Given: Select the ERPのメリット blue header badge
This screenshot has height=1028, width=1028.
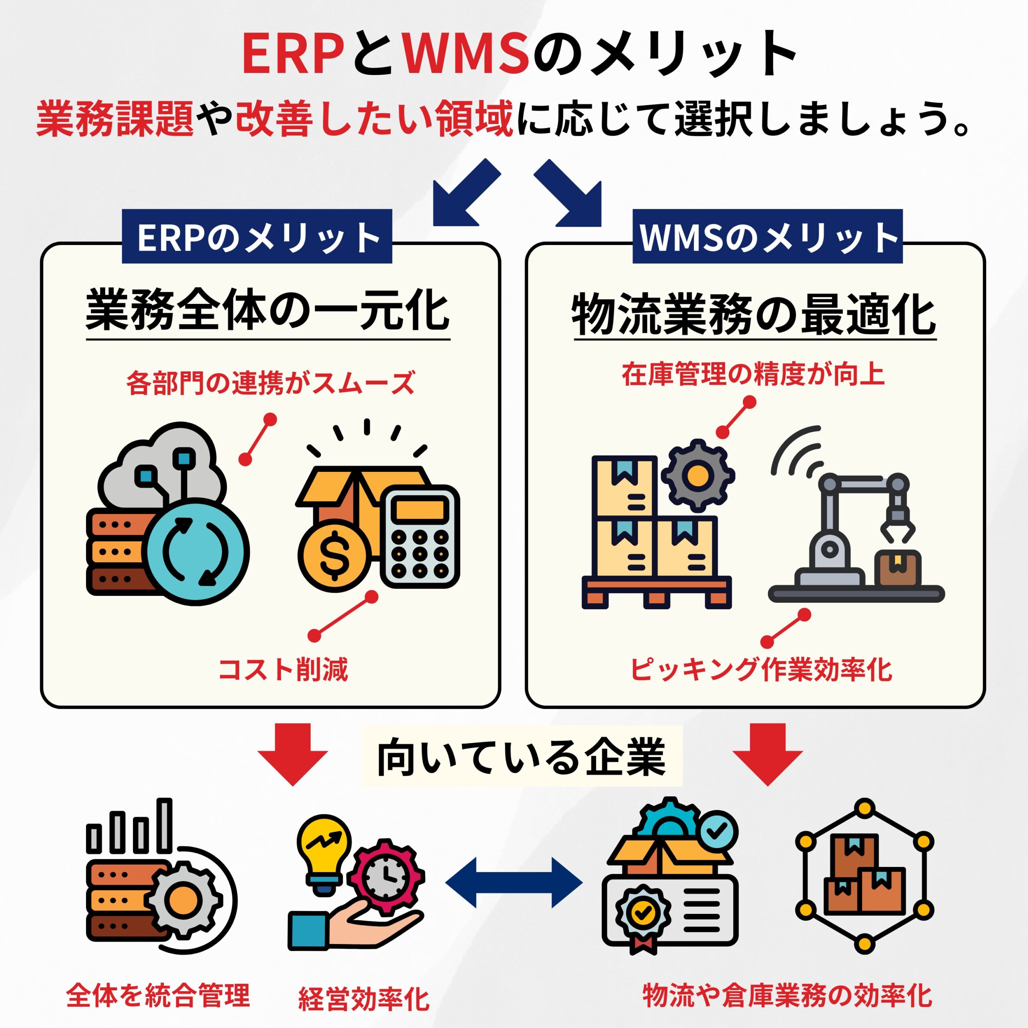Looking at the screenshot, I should (x=257, y=237).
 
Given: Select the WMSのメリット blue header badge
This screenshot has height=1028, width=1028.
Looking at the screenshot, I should (x=767, y=237).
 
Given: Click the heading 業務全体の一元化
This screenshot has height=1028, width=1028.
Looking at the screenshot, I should (x=268, y=311).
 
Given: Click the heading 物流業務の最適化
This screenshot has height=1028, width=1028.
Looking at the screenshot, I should (x=755, y=315).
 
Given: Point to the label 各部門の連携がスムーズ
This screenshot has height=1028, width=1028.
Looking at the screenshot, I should (x=270, y=383).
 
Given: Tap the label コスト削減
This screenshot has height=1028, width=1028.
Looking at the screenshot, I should (x=283, y=669).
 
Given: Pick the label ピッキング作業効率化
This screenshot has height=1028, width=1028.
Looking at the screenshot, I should (x=761, y=669).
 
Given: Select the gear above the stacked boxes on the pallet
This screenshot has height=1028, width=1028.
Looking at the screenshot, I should (x=698, y=475).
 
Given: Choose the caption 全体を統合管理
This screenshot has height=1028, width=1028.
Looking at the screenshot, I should (x=158, y=995).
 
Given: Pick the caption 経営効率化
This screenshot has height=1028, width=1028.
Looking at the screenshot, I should (x=363, y=999).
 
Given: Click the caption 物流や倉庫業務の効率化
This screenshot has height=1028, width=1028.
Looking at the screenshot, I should (x=787, y=995).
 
